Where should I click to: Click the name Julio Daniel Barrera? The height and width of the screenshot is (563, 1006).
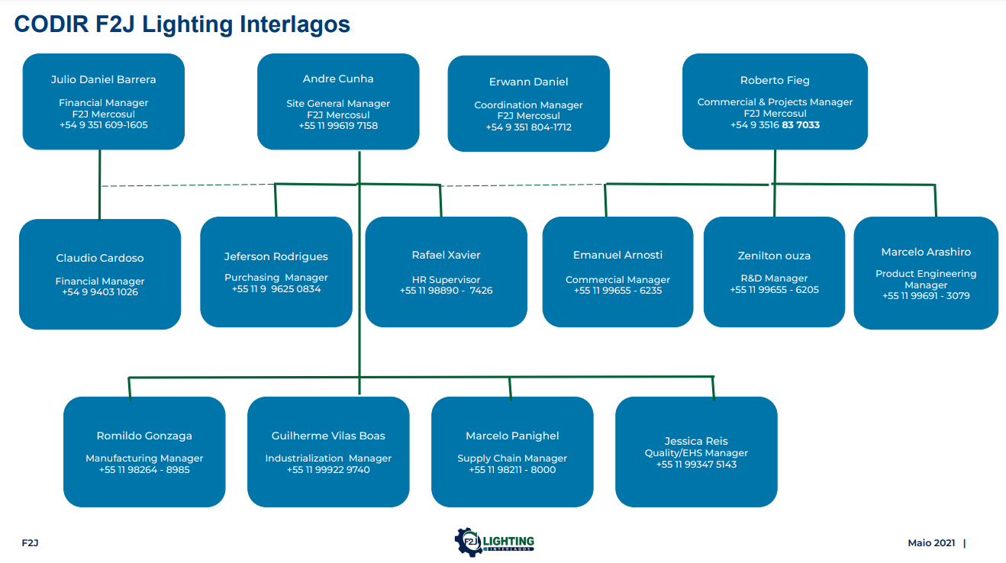(103, 79)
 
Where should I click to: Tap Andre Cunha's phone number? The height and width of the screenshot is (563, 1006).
(338, 126)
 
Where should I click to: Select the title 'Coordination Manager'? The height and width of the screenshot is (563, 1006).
(528, 105)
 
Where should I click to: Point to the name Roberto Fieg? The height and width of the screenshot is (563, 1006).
(775, 80)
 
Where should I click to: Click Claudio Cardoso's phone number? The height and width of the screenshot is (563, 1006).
(100, 292)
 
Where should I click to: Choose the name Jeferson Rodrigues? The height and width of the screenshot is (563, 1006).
(276, 256)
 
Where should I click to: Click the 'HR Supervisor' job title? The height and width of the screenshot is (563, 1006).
(446, 280)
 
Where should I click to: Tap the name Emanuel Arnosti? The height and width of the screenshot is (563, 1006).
(617, 255)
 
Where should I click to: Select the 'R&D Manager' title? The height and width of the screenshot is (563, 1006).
(774, 278)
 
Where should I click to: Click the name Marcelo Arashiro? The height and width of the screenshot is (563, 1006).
(926, 252)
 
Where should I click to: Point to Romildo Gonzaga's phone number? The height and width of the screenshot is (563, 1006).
(144, 470)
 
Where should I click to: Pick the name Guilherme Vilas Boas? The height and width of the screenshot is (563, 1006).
(328, 436)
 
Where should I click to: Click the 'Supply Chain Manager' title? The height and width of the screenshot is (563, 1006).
(512, 458)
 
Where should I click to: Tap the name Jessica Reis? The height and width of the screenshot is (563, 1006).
(696, 441)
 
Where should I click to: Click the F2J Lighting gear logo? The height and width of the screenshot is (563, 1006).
(494, 542)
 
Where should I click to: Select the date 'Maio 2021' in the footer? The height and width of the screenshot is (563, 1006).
(931, 543)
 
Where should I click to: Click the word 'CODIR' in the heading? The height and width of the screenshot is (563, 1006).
(51, 24)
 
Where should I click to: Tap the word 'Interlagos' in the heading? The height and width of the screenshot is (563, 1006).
(295, 24)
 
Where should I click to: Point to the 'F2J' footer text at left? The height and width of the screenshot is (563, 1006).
(30, 543)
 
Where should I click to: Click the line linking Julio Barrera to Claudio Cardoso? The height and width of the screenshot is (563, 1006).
(100, 185)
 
